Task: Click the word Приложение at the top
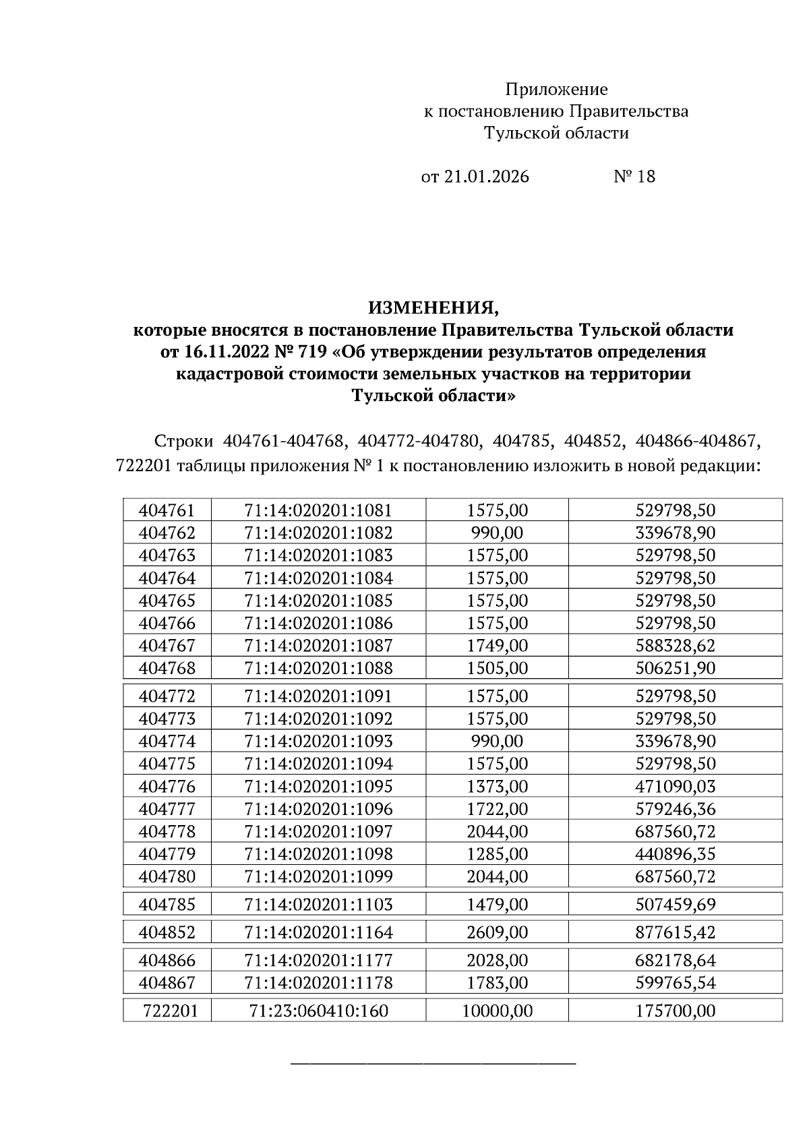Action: [556, 89]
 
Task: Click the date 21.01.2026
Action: [485, 177]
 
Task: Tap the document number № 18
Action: [634, 177]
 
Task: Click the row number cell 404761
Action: [167, 510]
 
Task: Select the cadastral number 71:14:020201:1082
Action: [318, 533]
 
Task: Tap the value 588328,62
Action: [675, 645]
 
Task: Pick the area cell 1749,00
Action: [498, 645]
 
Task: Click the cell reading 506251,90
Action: [675, 668]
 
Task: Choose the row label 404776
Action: [167, 786]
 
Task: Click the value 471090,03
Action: [675, 786]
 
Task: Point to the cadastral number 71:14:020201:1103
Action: [318, 904]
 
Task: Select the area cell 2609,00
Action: [498, 932]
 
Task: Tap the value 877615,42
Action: [675, 932]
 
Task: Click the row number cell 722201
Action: [170, 1011]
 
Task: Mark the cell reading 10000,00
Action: [498, 1011]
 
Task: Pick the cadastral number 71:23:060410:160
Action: [318, 1011]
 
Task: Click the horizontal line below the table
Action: [433, 1064]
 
